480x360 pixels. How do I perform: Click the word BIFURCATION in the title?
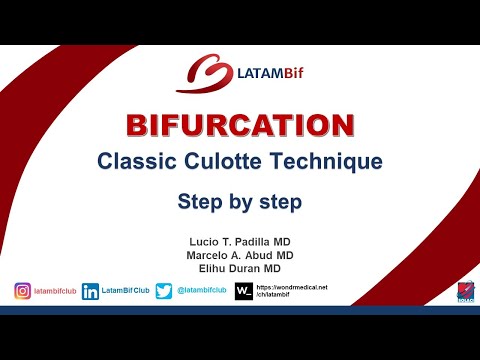point(240,126)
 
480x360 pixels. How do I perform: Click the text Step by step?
point(240,200)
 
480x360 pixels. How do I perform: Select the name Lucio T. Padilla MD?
point(240,241)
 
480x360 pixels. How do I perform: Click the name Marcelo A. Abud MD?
point(240,255)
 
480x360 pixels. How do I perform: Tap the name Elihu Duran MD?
point(240,269)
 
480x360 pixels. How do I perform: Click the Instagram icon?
point(22,292)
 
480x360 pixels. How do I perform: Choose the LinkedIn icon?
point(91,292)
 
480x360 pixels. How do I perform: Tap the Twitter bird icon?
point(164,292)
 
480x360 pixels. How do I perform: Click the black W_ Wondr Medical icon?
point(243,292)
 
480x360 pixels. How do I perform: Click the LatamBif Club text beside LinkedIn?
point(124,292)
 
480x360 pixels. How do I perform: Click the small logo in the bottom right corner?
point(464,291)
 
